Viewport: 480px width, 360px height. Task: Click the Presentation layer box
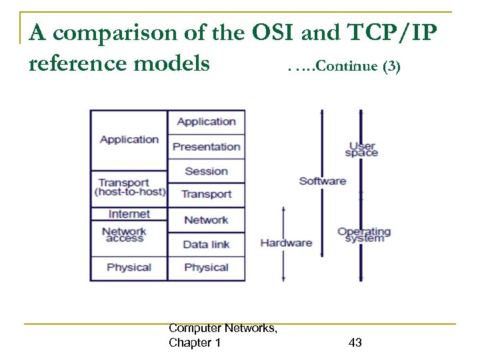point(206,147)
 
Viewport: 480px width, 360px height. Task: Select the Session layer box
point(206,171)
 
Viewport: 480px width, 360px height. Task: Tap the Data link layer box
point(206,244)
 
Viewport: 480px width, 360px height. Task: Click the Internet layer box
point(129,214)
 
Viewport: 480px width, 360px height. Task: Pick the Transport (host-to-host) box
point(129,188)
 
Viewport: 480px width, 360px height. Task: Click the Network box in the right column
point(206,220)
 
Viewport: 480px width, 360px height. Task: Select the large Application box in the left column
point(129,139)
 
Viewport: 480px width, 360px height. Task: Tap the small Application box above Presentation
point(206,121)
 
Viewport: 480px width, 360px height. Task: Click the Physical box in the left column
point(129,267)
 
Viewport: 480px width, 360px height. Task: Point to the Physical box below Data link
point(206,267)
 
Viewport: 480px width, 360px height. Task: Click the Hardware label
point(286,243)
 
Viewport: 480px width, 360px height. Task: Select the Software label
point(323,181)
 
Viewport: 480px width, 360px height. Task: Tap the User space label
point(361,149)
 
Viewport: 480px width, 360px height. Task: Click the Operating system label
point(364,235)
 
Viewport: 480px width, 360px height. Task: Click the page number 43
point(355,343)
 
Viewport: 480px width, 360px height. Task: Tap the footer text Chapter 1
point(195,343)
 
